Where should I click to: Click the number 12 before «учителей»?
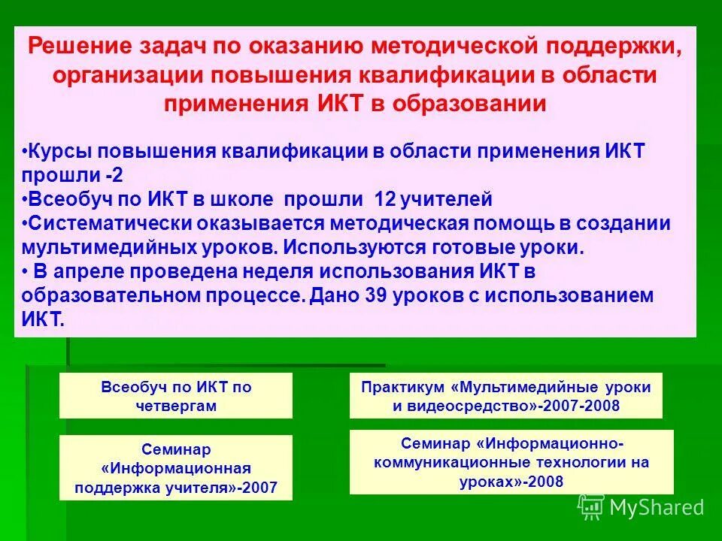point(385,200)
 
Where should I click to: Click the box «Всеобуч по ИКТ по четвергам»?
point(176,396)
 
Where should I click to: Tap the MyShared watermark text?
point(657,508)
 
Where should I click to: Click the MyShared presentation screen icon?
point(591,507)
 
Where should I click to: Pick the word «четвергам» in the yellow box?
point(176,406)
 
